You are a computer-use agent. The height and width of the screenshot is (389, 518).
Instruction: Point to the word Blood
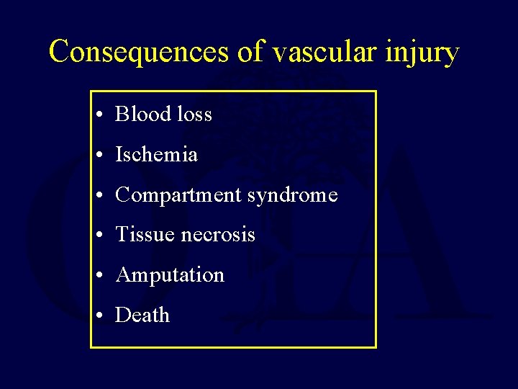142,114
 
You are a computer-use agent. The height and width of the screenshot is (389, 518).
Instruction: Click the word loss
193,114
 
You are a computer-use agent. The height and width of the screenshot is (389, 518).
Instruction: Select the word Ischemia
156,154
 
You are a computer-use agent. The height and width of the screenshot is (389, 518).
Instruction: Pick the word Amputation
170,276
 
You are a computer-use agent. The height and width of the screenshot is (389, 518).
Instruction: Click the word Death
142,315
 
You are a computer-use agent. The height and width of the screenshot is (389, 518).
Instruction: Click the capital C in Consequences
59,52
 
